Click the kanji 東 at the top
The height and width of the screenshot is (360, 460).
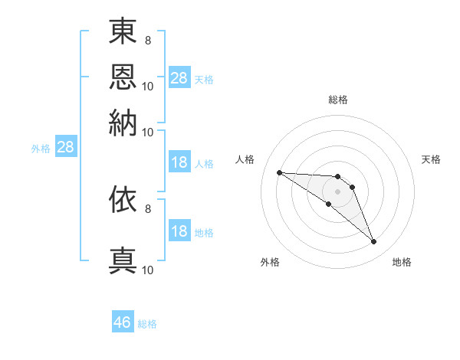point(123,31)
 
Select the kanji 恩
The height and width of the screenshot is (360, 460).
point(123,77)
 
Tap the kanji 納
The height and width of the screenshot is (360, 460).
point(123,123)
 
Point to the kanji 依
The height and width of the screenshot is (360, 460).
point(123,199)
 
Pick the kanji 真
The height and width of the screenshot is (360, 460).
point(123,260)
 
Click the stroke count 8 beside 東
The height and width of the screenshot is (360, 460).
point(148,41)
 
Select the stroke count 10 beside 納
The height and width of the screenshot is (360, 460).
point(147,133)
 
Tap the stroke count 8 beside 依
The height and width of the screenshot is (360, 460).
point(148,209)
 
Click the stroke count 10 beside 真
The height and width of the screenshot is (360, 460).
point(147,270)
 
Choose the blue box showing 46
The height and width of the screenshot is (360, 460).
point(123,321)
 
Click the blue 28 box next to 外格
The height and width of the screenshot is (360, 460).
point(66,146)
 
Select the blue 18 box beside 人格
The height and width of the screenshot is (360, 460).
point(180,162)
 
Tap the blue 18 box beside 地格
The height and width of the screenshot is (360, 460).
point(180,230)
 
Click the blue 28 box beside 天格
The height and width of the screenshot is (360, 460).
point(180,77)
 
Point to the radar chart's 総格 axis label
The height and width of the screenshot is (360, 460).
point(338,100)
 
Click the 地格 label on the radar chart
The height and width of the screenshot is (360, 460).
point(402,262)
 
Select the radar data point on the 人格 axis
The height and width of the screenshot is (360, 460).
point(280,172)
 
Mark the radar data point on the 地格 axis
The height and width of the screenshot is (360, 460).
point(374,242)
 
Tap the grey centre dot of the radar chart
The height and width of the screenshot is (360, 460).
point(337,191)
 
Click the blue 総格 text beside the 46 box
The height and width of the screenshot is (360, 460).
point(147,324)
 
